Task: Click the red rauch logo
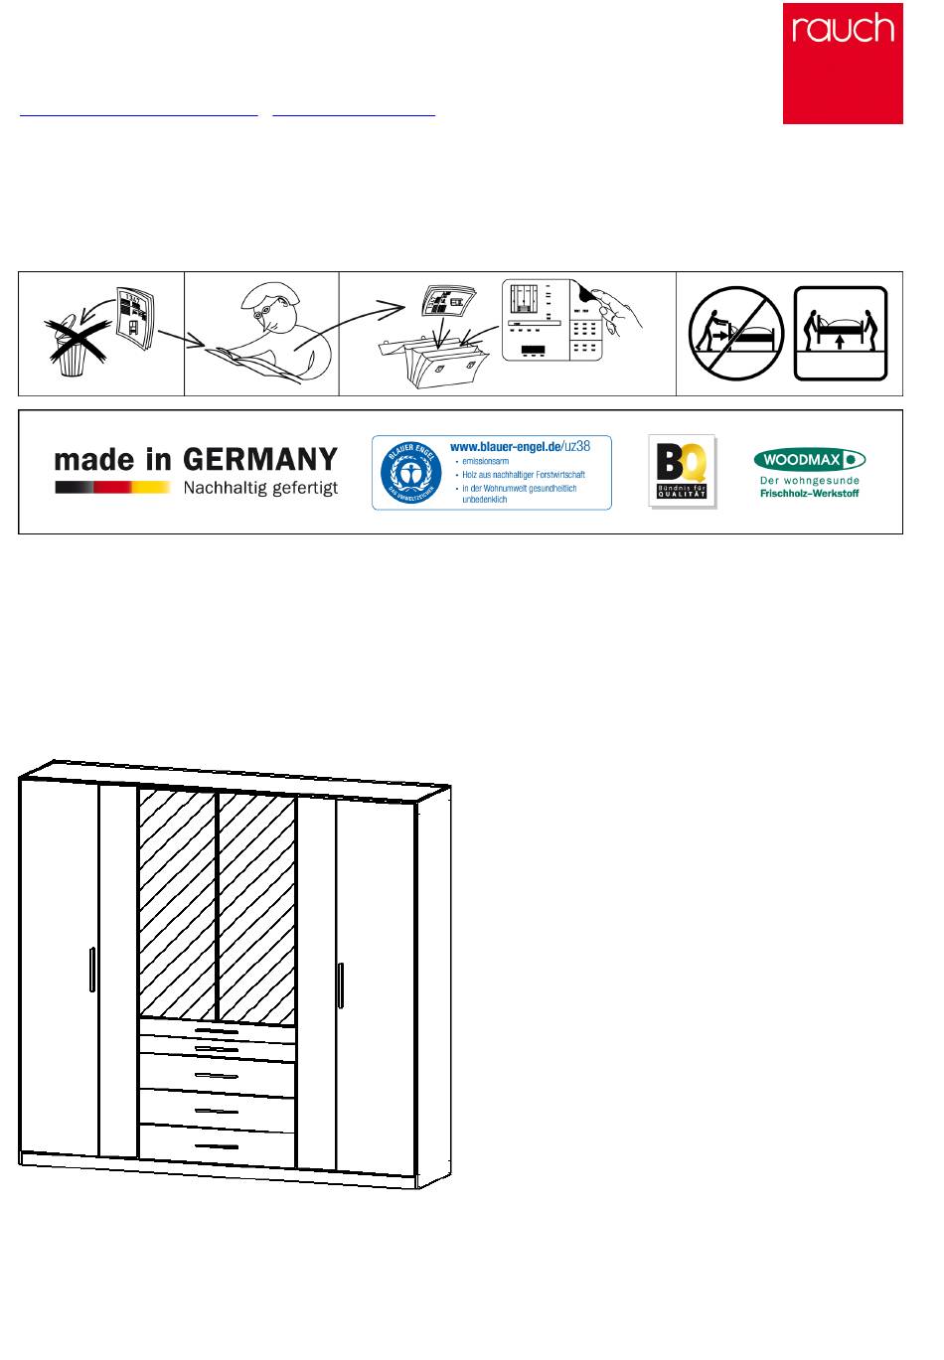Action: pyautogui.click(x=843, y=64)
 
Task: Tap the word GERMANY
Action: pyautogui.click(x=260, y=460)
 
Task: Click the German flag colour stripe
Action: pyautogui.click(x=112, y=487)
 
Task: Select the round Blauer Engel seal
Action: pyautogui.click(x=410, y=473)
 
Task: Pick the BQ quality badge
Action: pyautogui.click(x=682, y=471)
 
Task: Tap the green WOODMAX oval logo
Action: pyautogui.click(x=810, y=459)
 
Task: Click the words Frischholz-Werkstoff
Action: pyautogui.click(x=809, y=493)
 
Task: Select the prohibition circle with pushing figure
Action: pyautogui.click(x=736, y=334)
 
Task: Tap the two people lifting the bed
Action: pyautogui.click(x=841, y=333)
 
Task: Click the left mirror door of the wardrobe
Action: pyautogui.click(x=177, y=904)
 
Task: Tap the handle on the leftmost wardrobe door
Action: pyautogui.click(x=91, y=969)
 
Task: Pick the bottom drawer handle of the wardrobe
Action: pyautogui.click(x=217, y=1146)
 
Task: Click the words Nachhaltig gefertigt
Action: pyautogui.click(x=260, y=488)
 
